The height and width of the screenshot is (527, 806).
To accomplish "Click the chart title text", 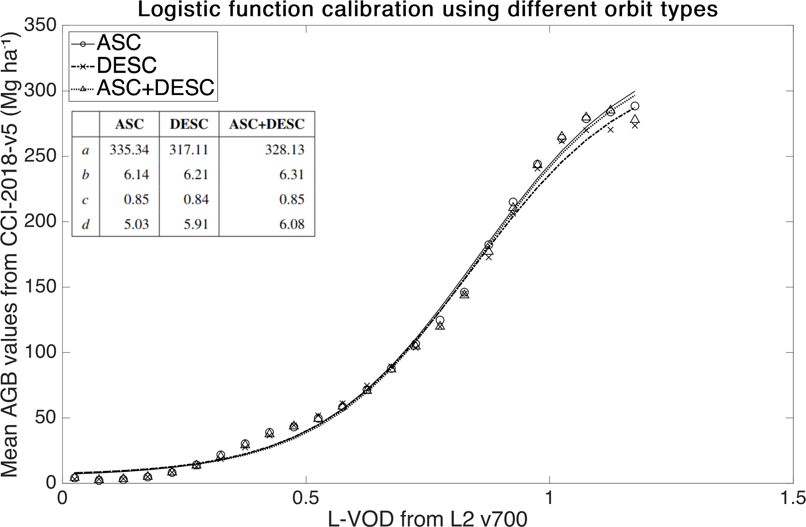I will click(427, 10).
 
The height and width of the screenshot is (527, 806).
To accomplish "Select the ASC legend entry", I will click(119, 43).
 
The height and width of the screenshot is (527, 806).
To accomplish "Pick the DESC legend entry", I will click(126, 65).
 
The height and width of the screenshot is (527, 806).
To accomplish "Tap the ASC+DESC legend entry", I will click(155, 88).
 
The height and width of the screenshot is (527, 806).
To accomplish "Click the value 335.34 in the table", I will click(129, 150).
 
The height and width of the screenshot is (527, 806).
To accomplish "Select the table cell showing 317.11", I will click(189, 150).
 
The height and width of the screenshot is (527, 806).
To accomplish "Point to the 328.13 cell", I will click(284, 150).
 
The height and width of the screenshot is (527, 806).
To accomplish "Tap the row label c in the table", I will click(85, 200).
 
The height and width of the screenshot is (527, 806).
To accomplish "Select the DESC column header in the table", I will click(189, 124).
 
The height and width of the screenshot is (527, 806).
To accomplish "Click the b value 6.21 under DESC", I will click(195, 174).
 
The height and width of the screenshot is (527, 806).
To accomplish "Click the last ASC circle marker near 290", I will click(635, 106).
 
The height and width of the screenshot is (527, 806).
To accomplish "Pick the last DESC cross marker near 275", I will click(635, 125).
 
